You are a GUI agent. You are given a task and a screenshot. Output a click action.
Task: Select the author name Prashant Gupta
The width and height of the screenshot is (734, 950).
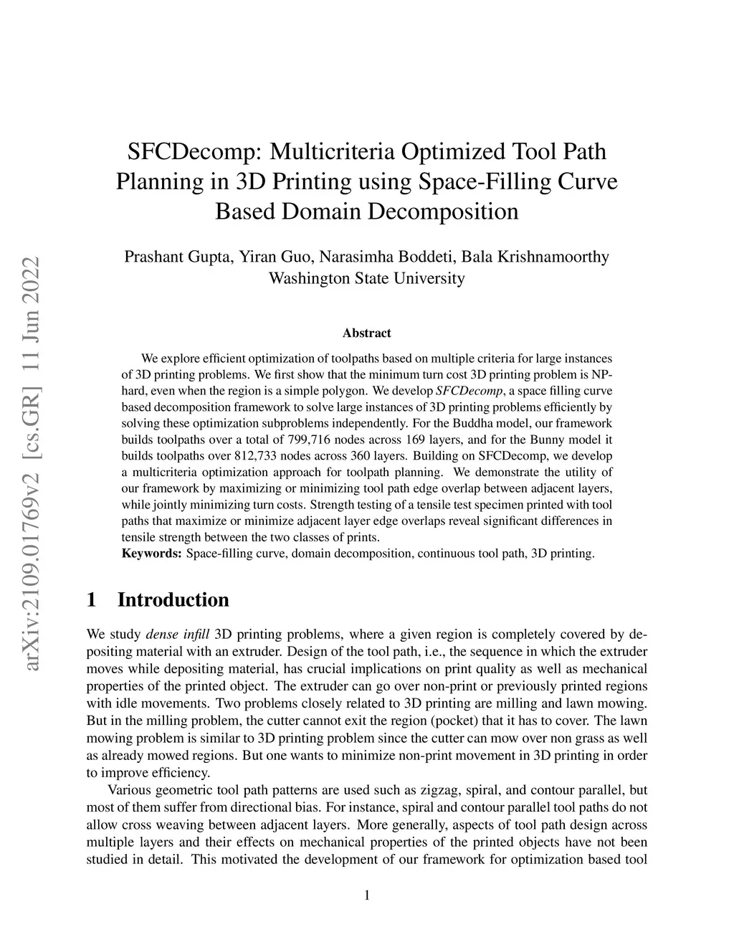coord(176,257)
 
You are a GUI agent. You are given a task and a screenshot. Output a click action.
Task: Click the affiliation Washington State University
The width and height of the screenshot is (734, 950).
coord(366,277)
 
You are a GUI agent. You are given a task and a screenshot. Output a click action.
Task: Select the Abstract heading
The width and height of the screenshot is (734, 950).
coord(366,333)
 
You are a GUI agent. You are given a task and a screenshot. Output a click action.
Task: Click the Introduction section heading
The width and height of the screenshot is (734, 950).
coord(173,599)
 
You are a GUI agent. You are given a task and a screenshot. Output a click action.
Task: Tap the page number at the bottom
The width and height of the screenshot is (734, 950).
coord(367,895)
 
